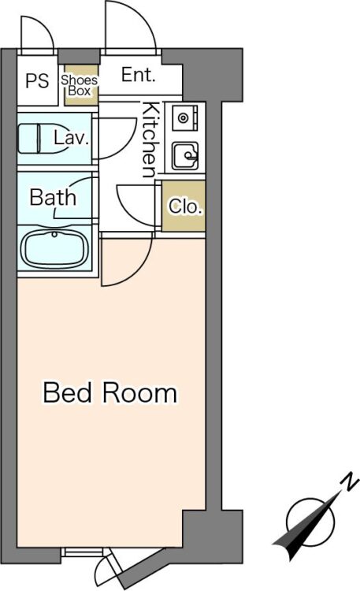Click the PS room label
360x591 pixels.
pos(37,80)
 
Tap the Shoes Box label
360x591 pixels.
pos(80,86)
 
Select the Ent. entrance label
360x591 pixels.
pos(139,75)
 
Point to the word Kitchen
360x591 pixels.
pos(149,139)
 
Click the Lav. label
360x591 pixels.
pos(72,139)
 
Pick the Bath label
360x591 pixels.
pos(53,197)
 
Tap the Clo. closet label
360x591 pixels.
pos(185,206)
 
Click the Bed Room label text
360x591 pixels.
pos(109,392)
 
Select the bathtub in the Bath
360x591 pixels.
pos(54,249)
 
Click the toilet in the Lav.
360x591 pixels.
pos(42,139)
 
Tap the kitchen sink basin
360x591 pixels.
pos(185,156)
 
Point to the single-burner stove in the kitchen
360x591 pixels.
pos(184,118)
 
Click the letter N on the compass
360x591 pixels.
pos(348,483)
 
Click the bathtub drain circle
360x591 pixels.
pos(54,235)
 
